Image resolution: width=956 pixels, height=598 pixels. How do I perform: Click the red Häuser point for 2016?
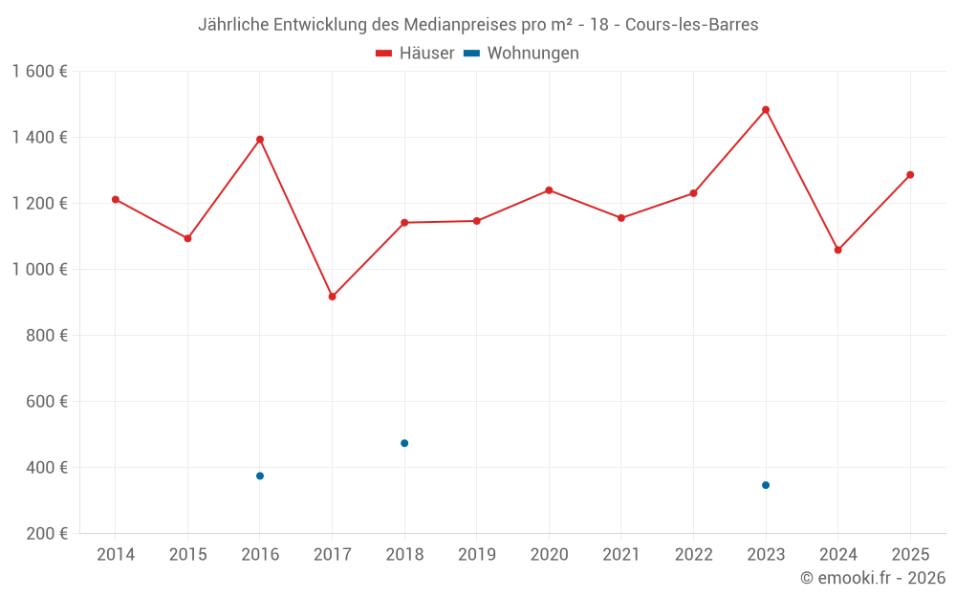260,140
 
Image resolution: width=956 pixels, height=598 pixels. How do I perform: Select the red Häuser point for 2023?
766,110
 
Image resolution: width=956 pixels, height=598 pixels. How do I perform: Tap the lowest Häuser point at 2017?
332,297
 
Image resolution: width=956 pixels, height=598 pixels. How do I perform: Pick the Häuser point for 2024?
838,250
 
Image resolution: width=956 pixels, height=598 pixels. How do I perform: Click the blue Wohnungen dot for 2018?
404,443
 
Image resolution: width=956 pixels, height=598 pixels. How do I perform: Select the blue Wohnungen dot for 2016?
260,476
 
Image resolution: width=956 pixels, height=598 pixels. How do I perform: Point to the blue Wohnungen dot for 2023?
766,485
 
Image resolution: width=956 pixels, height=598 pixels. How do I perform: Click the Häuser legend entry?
415,54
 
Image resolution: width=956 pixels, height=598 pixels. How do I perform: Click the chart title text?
478,25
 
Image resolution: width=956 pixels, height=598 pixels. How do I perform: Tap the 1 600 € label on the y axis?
40,72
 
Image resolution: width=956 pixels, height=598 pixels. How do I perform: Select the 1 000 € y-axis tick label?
40,270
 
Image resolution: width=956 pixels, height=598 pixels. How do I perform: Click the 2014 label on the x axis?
116,555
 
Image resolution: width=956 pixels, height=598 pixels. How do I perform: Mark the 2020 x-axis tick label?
549,555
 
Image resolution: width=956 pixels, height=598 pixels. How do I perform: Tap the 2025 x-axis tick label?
910,555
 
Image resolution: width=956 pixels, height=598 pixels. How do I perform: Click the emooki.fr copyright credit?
873,578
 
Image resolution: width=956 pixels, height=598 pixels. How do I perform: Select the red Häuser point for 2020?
549,190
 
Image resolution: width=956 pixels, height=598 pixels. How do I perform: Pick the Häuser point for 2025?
910,175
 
